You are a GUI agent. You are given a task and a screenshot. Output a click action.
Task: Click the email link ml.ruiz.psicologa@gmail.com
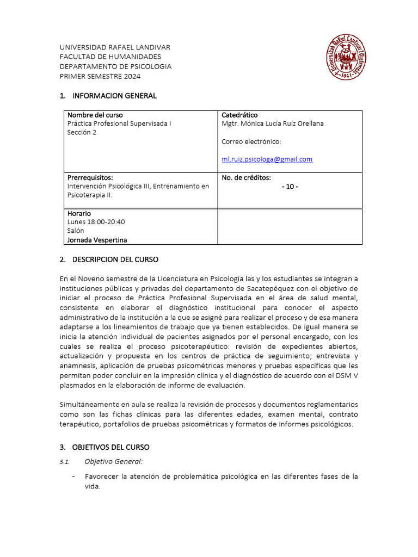coord(267,159)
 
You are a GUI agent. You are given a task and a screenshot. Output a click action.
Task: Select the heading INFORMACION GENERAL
coord(114,96)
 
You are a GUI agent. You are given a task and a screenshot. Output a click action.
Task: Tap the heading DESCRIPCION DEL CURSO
coord(115,259)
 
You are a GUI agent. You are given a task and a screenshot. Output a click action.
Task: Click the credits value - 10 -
coord(290,187)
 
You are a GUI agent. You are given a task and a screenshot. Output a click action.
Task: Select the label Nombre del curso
coord(95,115)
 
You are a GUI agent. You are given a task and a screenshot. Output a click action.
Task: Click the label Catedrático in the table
coord(239,115)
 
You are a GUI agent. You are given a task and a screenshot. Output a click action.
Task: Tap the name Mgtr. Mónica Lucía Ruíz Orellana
coord(272,123)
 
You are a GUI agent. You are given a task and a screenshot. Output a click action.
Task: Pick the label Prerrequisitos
coord(90,177)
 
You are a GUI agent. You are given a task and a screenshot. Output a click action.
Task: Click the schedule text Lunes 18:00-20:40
coord(96,222)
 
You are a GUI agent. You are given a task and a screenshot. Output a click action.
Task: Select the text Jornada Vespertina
coord(101,239)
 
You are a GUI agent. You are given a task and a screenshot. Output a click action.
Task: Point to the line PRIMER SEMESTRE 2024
coord(100,76)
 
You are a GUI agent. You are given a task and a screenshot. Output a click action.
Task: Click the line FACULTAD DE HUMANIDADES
coord(110,57)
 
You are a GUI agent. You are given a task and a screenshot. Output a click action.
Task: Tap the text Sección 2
coord(82,132)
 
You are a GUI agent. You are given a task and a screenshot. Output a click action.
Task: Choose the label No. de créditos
coord(246,177)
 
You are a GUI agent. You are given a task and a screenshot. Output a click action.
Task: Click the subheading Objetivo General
coord(113,462)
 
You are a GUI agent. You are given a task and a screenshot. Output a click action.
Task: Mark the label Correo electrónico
coord(251,141)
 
